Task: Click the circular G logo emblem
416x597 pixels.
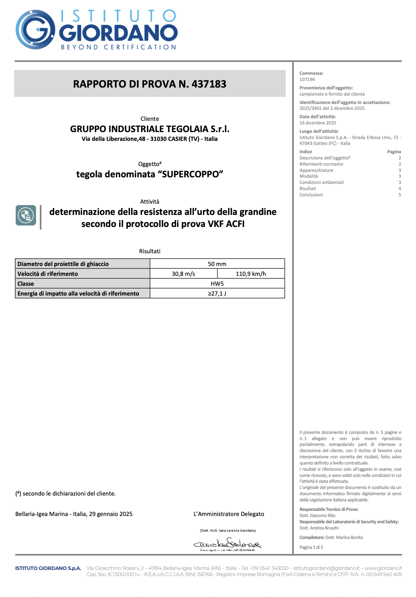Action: (35, 30)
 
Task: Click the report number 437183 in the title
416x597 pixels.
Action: (209, 84)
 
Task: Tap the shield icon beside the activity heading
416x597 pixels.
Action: (26, 215)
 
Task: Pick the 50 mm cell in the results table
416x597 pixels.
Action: (217, 264)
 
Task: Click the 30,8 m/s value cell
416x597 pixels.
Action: (184, 274)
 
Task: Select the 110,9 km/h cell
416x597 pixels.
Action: (251, 274)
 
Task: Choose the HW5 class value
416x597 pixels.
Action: (217, 284)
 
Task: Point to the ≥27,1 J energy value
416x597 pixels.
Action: (217, 293)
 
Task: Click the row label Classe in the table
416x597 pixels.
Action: (26, 284)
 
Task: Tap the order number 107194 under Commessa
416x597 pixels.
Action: (307, 80)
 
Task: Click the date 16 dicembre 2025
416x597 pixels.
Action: (318, 123)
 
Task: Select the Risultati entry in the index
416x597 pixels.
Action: (308, 189)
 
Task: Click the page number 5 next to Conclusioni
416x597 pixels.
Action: (400, 195)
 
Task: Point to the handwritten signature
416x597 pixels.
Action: (228, 544)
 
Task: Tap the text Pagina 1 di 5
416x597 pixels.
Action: (311, 547)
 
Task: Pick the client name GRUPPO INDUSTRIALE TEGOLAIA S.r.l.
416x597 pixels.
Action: (150, 129)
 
